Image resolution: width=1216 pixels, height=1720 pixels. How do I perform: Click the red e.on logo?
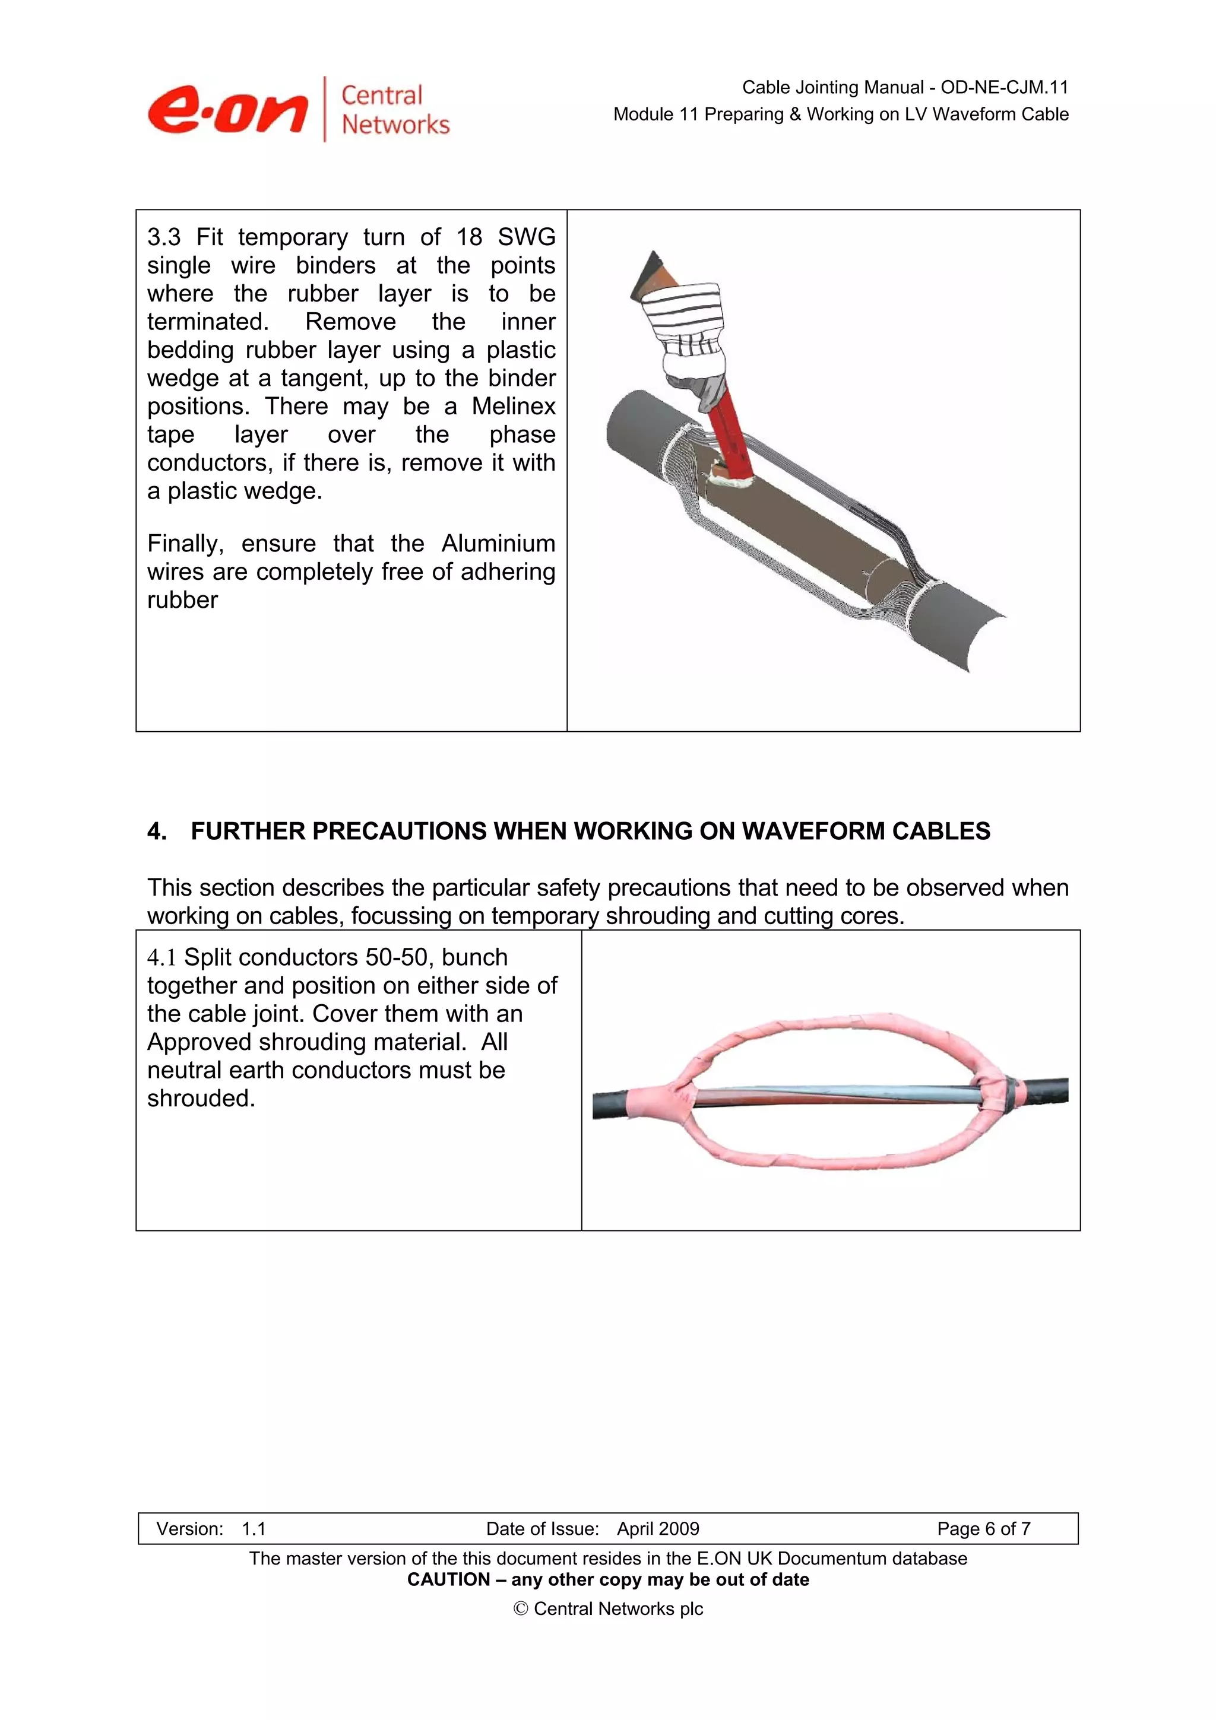click(227, 110)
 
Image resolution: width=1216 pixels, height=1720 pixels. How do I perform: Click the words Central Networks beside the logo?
click(395, 109)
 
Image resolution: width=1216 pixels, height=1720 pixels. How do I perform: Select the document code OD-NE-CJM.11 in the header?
click(1004, 88)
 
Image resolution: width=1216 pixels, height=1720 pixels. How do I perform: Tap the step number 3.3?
click(164, 237)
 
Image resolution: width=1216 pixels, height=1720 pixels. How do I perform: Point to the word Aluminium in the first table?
click(498, 543)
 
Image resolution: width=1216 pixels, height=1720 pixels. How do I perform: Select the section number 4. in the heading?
click(157, 831)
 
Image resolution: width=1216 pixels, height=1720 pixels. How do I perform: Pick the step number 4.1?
click(161, 957)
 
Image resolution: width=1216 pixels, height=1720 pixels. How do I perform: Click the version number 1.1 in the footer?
click(254, 1529)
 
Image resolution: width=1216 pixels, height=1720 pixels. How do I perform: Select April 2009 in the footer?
click(658, 1529)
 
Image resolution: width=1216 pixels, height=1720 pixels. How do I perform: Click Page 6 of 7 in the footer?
click(983, 1529)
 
